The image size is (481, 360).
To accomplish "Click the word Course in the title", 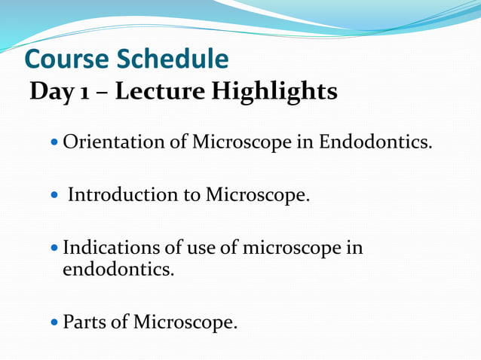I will [64, 59].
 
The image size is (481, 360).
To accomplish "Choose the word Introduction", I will [123, 195].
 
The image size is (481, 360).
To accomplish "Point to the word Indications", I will [111, 248].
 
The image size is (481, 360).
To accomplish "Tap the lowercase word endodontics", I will [118, 268].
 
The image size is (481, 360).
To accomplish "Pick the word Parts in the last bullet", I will [84, 323].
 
